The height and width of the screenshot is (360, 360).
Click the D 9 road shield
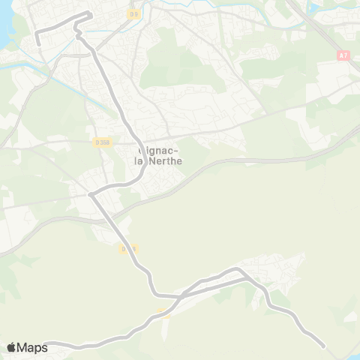click(x=133, y=13)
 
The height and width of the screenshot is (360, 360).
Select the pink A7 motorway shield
click(x=343, y=55)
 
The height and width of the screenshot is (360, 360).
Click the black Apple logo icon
click(x=11, y=346)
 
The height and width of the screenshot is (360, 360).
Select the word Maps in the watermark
click(x=32, y=346)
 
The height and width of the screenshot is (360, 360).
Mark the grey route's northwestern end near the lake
click(x=39, y=44)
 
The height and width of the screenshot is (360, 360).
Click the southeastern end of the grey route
click(x=323, y=346)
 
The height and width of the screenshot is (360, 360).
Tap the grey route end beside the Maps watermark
click(x=46, y=345)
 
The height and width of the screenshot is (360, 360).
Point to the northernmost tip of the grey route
click(x=89, y=13)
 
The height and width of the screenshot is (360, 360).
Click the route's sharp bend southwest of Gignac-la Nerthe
click(x=91, y=195)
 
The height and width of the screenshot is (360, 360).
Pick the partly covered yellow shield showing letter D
click(x=127, y=247)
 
